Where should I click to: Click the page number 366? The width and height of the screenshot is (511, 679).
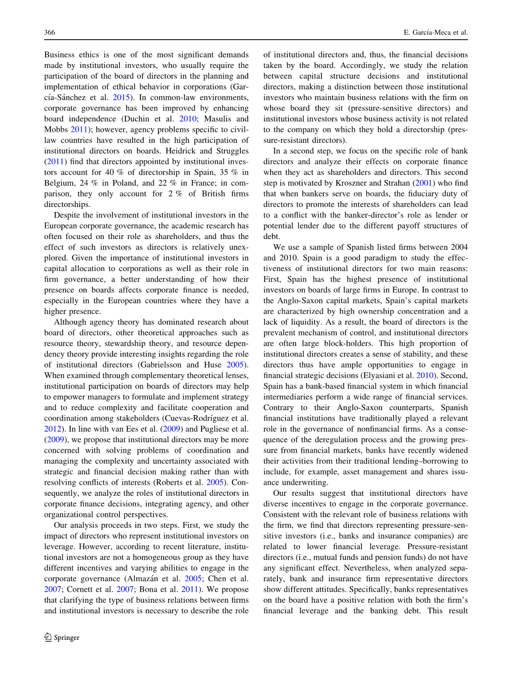coord(50,33)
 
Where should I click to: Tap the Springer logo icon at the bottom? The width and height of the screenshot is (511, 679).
coord(48,637)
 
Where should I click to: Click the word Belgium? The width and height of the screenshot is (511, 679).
coord(60,183)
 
